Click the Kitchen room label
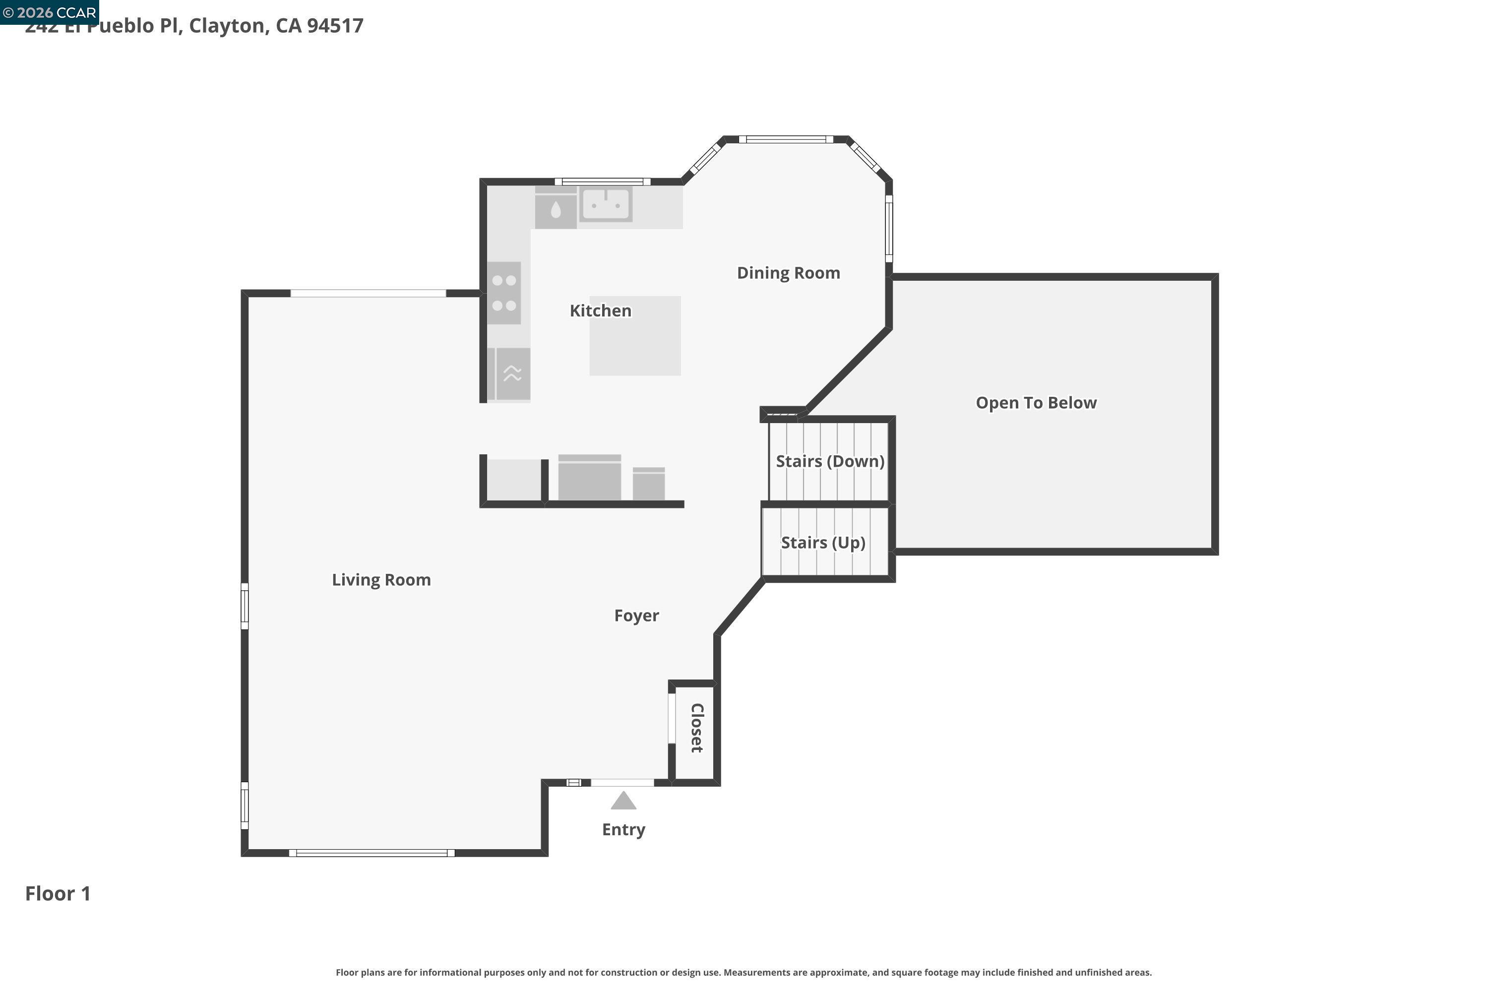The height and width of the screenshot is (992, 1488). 600,310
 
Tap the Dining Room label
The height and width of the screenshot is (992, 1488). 788,273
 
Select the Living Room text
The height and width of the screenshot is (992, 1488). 381,579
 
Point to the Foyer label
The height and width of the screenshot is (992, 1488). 636,616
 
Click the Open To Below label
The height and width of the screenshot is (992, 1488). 1036,403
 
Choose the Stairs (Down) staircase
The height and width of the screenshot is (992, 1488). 829,461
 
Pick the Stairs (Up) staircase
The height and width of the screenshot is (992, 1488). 823,543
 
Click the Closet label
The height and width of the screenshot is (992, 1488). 696,728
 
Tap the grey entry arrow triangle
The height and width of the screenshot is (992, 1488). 623,802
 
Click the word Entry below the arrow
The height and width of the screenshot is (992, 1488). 623,829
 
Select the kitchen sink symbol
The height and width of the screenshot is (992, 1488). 606,204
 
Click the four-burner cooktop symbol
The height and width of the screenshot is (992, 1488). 504,293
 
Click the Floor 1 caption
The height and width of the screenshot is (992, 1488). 58,893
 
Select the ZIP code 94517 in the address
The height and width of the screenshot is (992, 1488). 335,26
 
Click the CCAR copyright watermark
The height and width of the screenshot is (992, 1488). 49,12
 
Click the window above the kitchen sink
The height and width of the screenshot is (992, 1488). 602,182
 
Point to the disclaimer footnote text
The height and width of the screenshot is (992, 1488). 744,972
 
